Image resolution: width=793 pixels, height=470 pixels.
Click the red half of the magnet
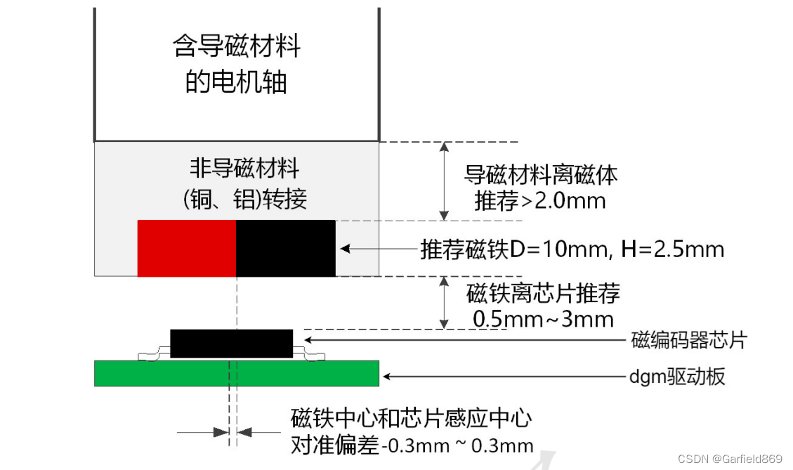186,248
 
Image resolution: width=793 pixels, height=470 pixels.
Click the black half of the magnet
285,248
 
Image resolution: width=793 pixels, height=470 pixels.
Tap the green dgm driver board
237,373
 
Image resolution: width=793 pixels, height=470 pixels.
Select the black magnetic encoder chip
231,343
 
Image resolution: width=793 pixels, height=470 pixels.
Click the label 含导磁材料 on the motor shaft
237,47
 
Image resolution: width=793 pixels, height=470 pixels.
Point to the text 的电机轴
237,82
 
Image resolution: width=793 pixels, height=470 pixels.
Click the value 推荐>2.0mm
539,201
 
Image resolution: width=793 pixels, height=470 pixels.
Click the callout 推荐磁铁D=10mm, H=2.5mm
572,249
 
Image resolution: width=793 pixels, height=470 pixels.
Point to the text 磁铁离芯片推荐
543,293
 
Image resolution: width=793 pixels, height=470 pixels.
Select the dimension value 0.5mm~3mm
543,319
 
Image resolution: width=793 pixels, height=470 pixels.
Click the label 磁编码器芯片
688,341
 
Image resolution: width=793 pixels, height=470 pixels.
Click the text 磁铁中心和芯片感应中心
411,419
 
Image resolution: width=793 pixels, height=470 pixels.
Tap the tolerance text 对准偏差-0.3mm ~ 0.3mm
412,445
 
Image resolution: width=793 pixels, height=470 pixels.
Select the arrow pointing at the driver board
502,377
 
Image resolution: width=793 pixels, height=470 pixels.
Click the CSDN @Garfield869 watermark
730,459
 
